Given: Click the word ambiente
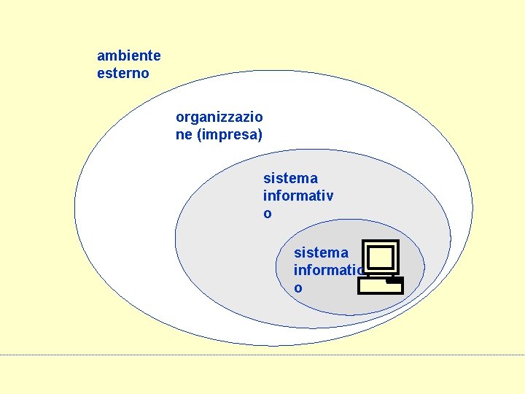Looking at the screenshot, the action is tap(129, 55).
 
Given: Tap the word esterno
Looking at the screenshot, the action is tap(122, 73).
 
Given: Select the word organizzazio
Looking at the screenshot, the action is tap(219, 117).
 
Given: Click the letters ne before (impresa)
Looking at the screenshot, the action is tap(184, 135).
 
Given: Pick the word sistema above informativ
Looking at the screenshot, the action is tap(290, 178).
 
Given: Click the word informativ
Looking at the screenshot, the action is tap(298, 196).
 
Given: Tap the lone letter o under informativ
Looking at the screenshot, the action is tap(267, 214).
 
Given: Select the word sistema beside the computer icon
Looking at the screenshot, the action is tap(321, 252).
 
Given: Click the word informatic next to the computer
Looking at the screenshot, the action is tap(327, 270).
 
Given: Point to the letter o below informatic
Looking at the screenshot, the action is tap(297, 288).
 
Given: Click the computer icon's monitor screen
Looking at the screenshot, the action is tap(381, 257).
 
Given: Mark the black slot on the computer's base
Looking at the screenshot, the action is tap(394, 279).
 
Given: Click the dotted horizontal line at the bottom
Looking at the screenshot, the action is tap(262, 355).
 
